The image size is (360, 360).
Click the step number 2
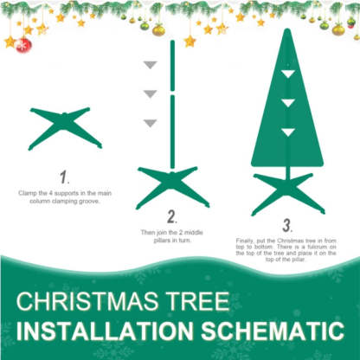(172, 216)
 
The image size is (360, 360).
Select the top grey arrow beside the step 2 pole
(150, 65)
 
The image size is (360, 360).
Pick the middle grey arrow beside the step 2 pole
(150, 93)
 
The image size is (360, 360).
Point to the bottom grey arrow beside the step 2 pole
(150, 122)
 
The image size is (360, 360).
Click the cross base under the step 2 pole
(173, 185)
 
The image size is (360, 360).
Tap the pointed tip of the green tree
(287, 32)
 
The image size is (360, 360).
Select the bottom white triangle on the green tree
(287, 132)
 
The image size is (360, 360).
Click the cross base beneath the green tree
(287, 191)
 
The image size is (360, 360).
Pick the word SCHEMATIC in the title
(275, 332)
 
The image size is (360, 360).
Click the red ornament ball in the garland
(24, 44)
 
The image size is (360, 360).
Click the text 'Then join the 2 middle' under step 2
(171, 232)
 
